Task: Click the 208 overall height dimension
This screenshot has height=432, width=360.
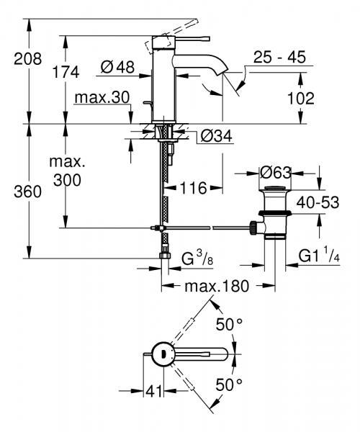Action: [x=14, y=60]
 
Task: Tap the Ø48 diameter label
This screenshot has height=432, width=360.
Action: [x=118, y=68]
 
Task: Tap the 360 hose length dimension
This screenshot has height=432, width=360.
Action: [x=14, y=192]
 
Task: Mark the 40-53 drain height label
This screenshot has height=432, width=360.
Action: [x=320, y=204]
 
